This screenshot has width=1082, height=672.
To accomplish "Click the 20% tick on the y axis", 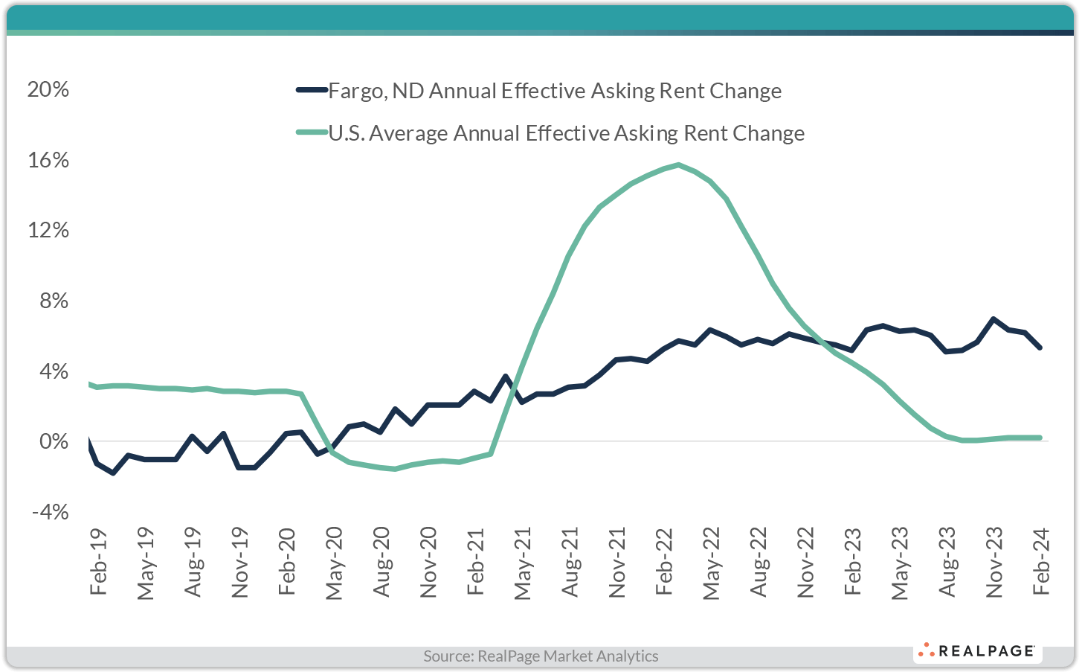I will (x=48, y=90).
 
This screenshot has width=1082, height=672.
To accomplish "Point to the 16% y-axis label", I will (x=48, y=160).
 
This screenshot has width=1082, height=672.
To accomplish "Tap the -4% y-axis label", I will (x=48, y=512).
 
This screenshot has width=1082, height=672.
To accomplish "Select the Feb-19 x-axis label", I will (x=98, y=562).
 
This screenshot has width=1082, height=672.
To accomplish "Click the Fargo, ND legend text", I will (x=555, y=91).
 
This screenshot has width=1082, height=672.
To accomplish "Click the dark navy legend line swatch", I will (x=312, y=90).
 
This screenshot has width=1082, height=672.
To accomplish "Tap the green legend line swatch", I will (x=312, y=132).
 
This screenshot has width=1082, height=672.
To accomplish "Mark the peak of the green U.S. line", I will (x=678, y=164).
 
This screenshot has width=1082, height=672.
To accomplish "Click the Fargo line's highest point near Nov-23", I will (x=994, y=319).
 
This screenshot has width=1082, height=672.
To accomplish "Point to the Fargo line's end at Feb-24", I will (x=1040, y=348).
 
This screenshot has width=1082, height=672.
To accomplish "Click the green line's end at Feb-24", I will (x=1040, y=438).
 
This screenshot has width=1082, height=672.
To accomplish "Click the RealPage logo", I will (x=977, y=651).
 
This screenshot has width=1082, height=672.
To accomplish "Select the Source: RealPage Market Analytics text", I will (x=541, y=656).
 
